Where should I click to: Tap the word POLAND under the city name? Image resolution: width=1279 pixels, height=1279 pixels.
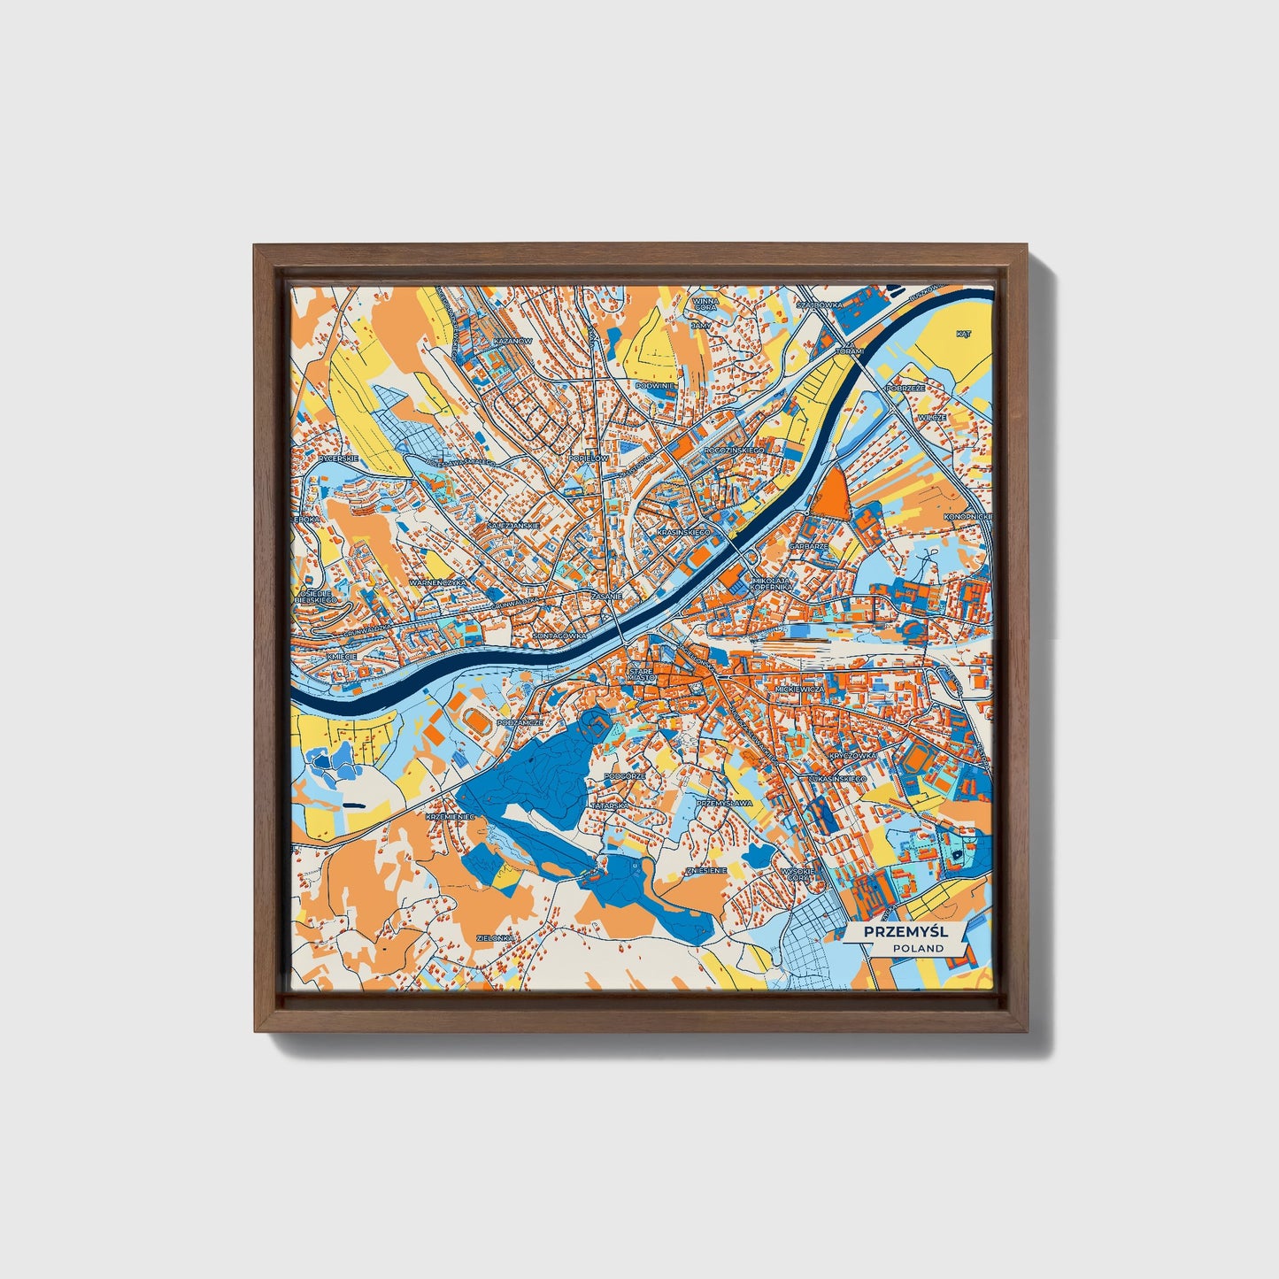click(x=918, y=948)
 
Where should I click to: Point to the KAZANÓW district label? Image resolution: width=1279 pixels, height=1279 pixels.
click(x=512, y=340)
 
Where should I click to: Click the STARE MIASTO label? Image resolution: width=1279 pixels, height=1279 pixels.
click(x=642, y=675)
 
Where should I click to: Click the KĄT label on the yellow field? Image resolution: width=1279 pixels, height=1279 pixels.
click(x=964, y=334)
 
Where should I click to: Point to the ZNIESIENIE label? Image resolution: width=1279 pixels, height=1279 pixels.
click(x=706, y=870)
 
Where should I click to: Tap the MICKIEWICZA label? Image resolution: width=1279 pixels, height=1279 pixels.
click(x=799, y=688)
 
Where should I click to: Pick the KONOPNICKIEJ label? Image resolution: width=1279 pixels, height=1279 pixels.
click(x=968, y=516)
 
